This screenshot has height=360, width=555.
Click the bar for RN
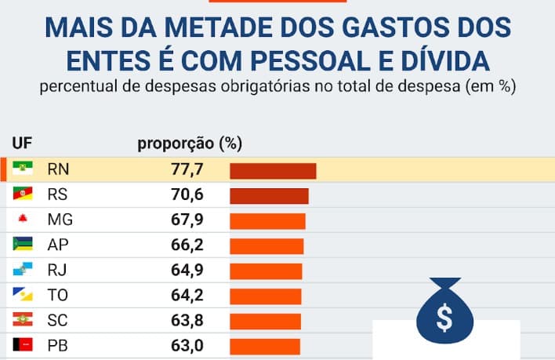pyautogui.click(x=272, y=170)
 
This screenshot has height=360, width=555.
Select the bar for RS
pyautogui.click(x=269, y=195)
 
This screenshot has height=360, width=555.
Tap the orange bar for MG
pyautogui.click(x=267, y=220)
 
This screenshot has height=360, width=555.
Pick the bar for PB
pyautogui.click(x=265, y=346)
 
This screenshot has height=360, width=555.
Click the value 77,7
pyautogui.click(x=187, y=170)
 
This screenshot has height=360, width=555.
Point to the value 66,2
pyautogui.click(x=187, y=245)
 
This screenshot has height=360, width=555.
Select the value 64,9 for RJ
pyautogui.click(x=187, y=271)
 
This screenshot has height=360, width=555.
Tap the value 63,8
pyautogui.click(x=187, y=321)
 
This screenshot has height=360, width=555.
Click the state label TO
pyautogui.click(x=58, y=296)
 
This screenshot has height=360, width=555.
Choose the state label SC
pyautogui.click(x=58, y=321)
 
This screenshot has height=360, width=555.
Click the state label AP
pyautogui.click(x=58, y=245)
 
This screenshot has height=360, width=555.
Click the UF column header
pyautogui.click(x=21, y=143)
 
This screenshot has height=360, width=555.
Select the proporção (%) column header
pyautogui.click(x=190, y=143)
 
